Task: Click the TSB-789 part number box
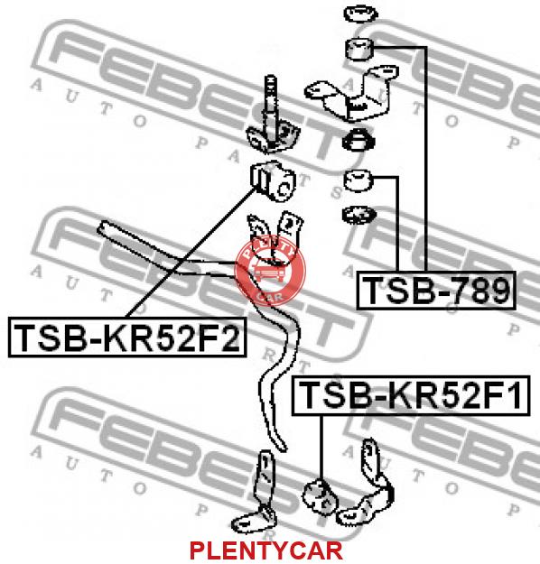pos(436,291)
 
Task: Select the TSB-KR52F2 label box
pos(127,337)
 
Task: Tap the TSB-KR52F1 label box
pos(411,395)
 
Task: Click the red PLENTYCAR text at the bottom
pos(266,550)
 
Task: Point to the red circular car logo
pos(270,271)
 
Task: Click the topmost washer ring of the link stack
pos(360,14)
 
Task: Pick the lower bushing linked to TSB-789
pos(358,180)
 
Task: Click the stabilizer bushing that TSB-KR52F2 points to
pos(273,180)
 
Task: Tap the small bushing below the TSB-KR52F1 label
pos(320,496)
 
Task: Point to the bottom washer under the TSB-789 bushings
pos(358,215)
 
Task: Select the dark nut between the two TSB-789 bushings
pos(358,140)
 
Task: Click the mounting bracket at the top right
pos(351,93)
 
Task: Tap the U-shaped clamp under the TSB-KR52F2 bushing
pos(275,238)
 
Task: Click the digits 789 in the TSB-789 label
pos(481,291)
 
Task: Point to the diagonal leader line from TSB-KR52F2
pos(191,253)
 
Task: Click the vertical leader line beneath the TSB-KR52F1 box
pos(321,448)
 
